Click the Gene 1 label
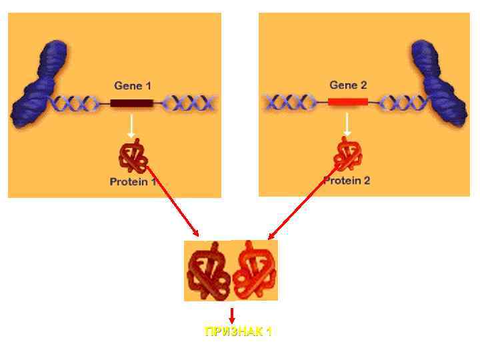click(x=133, y=85)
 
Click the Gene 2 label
click(x=348, y=85)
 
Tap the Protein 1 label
click(x=133, y=181)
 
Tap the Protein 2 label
click(x=347, y=181)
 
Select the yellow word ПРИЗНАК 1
click(x=238, y=332)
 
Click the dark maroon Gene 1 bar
click(x=131, y=103)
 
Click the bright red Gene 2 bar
click(x=347, y=102)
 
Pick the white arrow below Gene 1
click(x=131, y=126)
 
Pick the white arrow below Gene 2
click(x=347, y=125)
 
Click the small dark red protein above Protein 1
click(x=132, y=157)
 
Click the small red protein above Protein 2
click(x=347, y=155)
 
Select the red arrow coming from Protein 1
click(x=173, y=200)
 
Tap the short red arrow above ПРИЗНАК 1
click(x=231, y=316)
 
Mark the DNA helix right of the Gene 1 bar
click(x=191, y=103)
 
